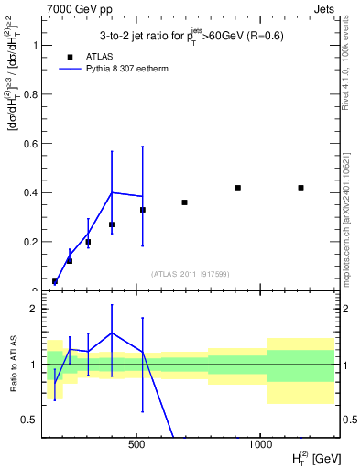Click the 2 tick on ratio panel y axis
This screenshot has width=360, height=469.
(x=34, y=309)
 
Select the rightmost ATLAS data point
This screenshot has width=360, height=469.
(x=300, y=188)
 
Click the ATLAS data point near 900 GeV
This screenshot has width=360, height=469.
(x=237, y=188)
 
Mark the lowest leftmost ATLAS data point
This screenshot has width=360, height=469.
(x=55, y=281)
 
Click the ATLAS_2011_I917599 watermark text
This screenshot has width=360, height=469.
(x=190, y=273)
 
